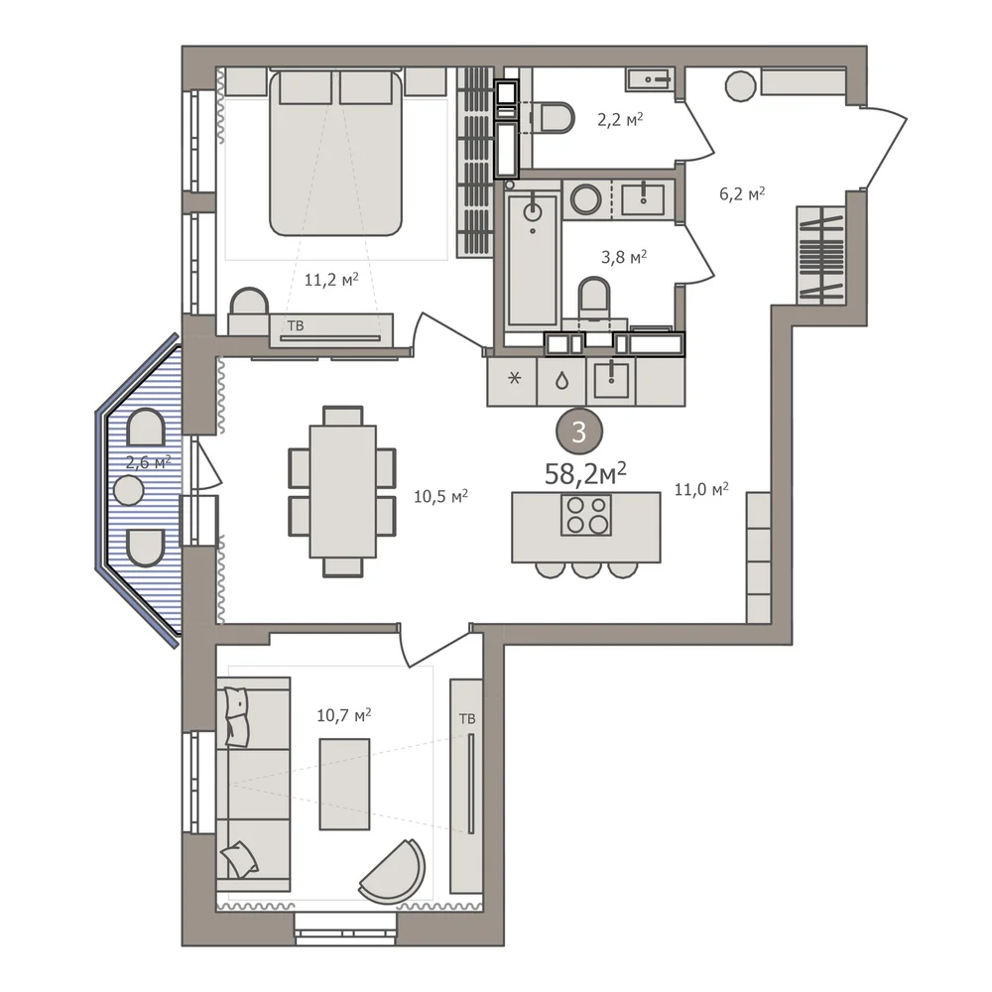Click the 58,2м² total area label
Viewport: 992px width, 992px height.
585,473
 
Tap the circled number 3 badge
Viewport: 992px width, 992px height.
579,433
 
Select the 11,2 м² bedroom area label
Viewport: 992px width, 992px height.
331,279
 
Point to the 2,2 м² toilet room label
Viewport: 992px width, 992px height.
620,119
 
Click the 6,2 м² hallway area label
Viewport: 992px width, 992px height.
742,193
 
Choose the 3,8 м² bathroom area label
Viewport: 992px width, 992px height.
624,257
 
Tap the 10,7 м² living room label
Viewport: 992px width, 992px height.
343,715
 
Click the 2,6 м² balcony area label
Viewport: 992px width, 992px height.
148,462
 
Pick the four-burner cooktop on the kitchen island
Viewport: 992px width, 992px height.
586,514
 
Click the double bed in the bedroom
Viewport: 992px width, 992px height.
335,153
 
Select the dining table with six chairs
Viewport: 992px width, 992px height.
342,492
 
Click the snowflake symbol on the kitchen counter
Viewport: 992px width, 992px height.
515,378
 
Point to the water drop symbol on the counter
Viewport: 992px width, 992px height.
561,381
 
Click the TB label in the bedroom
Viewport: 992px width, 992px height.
296,325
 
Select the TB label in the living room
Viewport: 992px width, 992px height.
467,719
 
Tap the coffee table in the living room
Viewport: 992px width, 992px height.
344,785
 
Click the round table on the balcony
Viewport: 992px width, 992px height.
129,490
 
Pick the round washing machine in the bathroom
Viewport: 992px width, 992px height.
586,199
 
